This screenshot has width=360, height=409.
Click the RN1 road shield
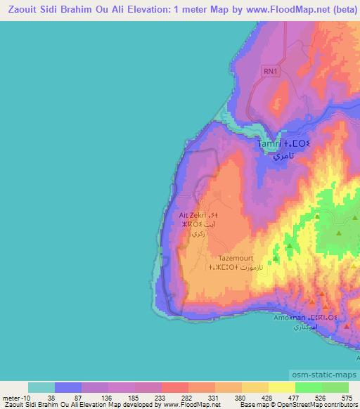coord(271,71)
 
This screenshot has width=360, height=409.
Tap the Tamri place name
coord(269,145)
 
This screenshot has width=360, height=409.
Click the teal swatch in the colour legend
coord(41,387)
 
